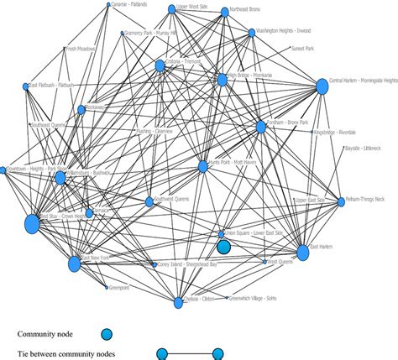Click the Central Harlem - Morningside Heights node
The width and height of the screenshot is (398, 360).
[321, 86]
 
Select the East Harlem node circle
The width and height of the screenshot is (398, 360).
[304, 252]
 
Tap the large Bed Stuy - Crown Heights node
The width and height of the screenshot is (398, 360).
[32, 224]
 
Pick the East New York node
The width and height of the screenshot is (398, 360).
[74, 264]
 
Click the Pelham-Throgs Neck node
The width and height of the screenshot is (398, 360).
[340, 201]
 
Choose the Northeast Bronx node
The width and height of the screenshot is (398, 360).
[223, 13]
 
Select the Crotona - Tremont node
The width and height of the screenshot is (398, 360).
[160, 65]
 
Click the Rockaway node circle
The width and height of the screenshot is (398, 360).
[81, 110]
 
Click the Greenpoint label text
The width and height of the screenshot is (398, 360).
[119, 288]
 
